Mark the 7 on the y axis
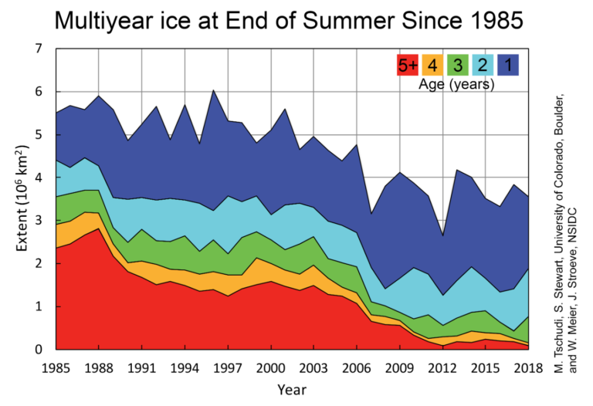point(38,49)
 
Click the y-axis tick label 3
point(38,221)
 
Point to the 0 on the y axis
point(38,350)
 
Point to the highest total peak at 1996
point(213,90)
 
